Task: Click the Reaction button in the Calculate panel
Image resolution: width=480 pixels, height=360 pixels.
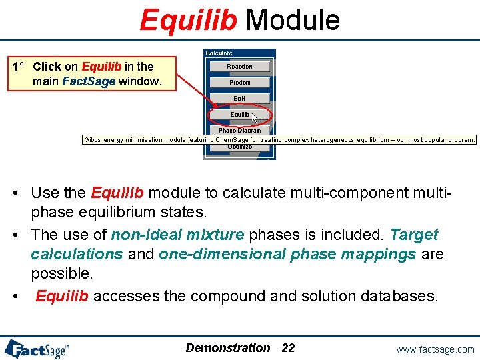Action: tap(239, 67)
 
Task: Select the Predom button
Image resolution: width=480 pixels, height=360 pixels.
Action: tap(239, 83)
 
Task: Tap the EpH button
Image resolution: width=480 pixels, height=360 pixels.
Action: tap(239, 99)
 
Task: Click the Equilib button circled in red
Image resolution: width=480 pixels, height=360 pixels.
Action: tap(239, 115)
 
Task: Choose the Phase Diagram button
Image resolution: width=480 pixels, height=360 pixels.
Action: tap(239, 131)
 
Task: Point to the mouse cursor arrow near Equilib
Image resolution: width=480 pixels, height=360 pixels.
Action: tap(255, 118)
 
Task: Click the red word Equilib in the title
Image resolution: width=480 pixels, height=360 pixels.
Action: tap(188, 20)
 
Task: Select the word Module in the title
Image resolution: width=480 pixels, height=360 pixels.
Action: tap(293, 20)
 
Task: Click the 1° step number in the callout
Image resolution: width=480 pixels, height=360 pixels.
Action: tap(19, 67)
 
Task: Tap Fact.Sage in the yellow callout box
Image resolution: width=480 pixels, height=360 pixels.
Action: tap(89, 82)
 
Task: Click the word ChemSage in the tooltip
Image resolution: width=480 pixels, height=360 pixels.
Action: tap(232, 140)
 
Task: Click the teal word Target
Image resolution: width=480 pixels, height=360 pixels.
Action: tap(414, 235)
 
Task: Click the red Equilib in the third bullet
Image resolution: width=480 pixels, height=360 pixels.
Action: tap(62, 296)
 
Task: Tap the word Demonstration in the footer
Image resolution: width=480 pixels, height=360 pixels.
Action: tap(228, 347)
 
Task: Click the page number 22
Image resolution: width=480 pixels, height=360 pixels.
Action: tap(288, 347)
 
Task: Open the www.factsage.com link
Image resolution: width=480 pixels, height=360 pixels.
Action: tap(435, 349)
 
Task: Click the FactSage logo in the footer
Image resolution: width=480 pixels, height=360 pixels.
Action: tap(37, 348)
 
